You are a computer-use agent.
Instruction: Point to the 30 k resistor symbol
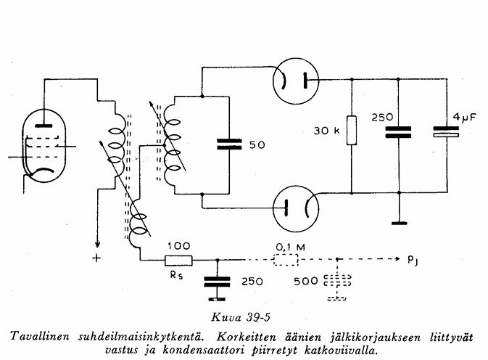tap(352, 131)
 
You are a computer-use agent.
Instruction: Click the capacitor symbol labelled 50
tap(228, 144)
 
